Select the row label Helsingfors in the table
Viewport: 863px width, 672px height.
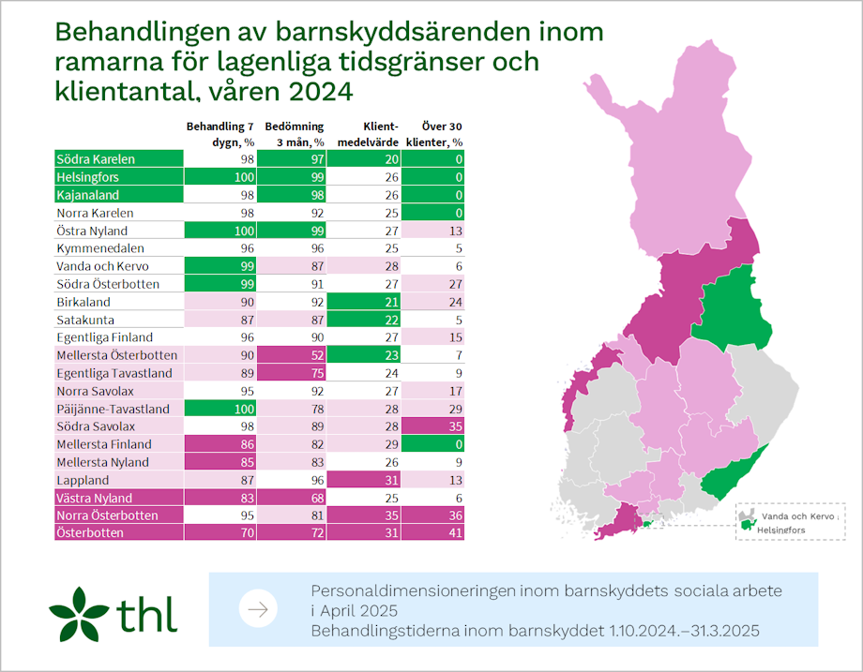point(87,177)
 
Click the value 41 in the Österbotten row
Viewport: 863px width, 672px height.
point(455,533)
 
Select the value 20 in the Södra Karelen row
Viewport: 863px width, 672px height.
point(392,159)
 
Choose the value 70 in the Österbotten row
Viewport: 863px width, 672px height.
point(247,533)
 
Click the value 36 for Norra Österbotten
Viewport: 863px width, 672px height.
point(455,515)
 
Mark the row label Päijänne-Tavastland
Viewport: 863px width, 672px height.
point(112,409)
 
